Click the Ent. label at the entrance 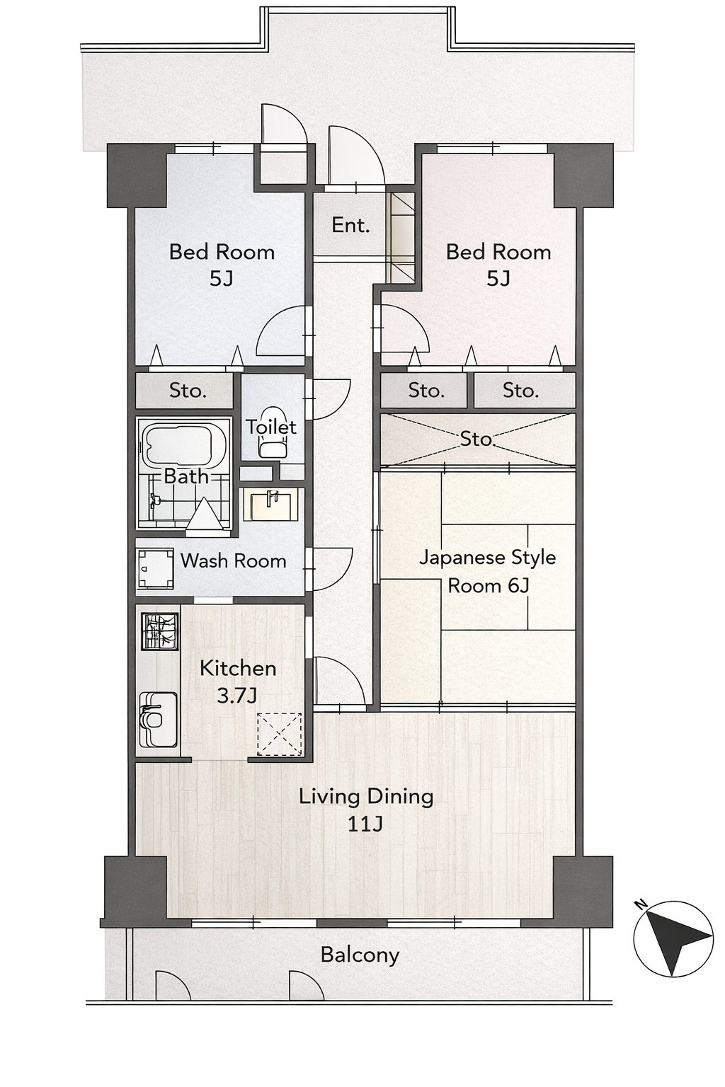(x=350, y=225)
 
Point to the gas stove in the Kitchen (x=160, y=631)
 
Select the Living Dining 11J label (x=365, y=810)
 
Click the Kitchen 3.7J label (x=238, y=682)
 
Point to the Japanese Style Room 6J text (x=488, y=571)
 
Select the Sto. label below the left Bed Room (x=188, y=390)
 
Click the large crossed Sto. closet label (x=477, y=439)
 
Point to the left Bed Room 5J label (x=222, y=265)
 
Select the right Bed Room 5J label (x=498, y=265)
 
